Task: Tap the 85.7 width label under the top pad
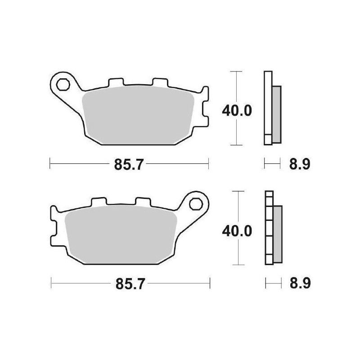coord(129,165)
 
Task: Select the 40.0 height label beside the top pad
coord(236,109)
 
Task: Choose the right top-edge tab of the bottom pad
coord(143,203)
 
